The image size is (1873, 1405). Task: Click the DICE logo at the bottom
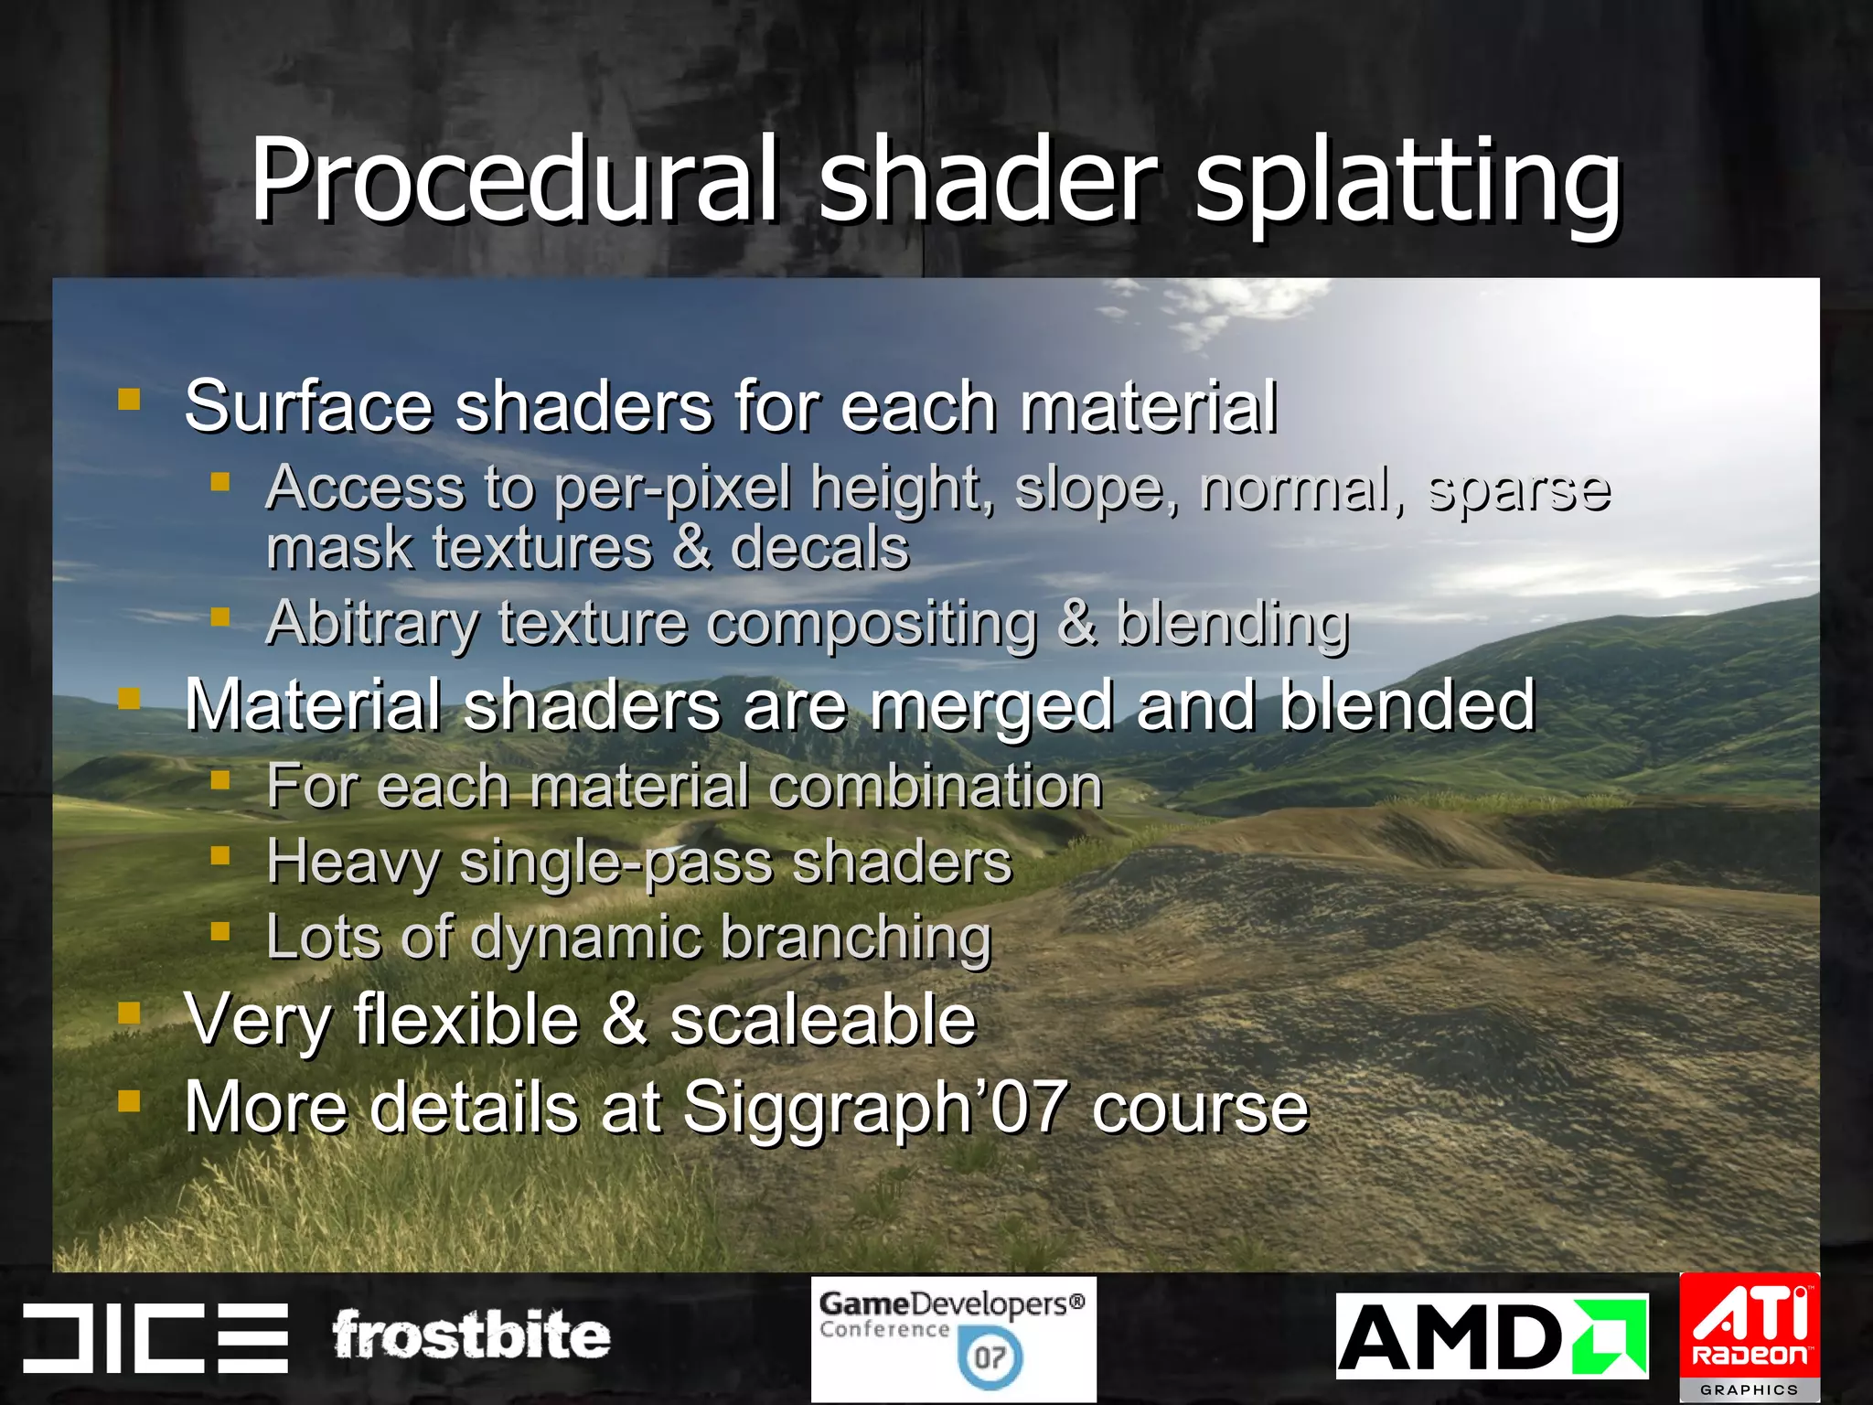coord(155,1337)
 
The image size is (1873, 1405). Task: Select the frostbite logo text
coord(471,1335)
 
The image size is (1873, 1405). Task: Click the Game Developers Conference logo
coord(953,1338)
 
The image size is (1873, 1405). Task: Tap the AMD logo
coord(1492,1336)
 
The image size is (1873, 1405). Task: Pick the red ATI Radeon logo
coord(1750,1335)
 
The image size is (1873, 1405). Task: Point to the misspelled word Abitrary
coord(371,625)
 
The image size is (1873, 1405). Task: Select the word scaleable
coord(823,1020)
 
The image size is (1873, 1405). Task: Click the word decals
coord(819,548)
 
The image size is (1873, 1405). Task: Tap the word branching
coord(856,938)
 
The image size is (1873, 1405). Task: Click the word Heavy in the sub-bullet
coord(352,863)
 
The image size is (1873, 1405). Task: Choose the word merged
coord(991,707)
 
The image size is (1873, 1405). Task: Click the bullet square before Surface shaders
coord(130,399)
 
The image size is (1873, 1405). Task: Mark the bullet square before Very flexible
coord(130,1013)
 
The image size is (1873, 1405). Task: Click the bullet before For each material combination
coord(219,780)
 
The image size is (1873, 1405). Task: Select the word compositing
coord(872,625)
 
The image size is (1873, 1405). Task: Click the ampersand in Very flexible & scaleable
coord(625,1019)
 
